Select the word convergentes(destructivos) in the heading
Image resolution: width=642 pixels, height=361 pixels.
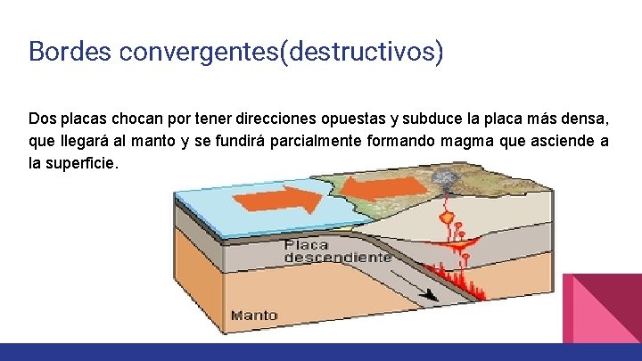click(x=278, y=52)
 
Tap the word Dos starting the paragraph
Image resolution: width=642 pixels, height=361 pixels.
click(x=41, y=119)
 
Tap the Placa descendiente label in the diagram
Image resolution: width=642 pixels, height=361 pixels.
click(x=337, y=250)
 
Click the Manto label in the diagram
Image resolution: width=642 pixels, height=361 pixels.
click(x=254, y=315)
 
